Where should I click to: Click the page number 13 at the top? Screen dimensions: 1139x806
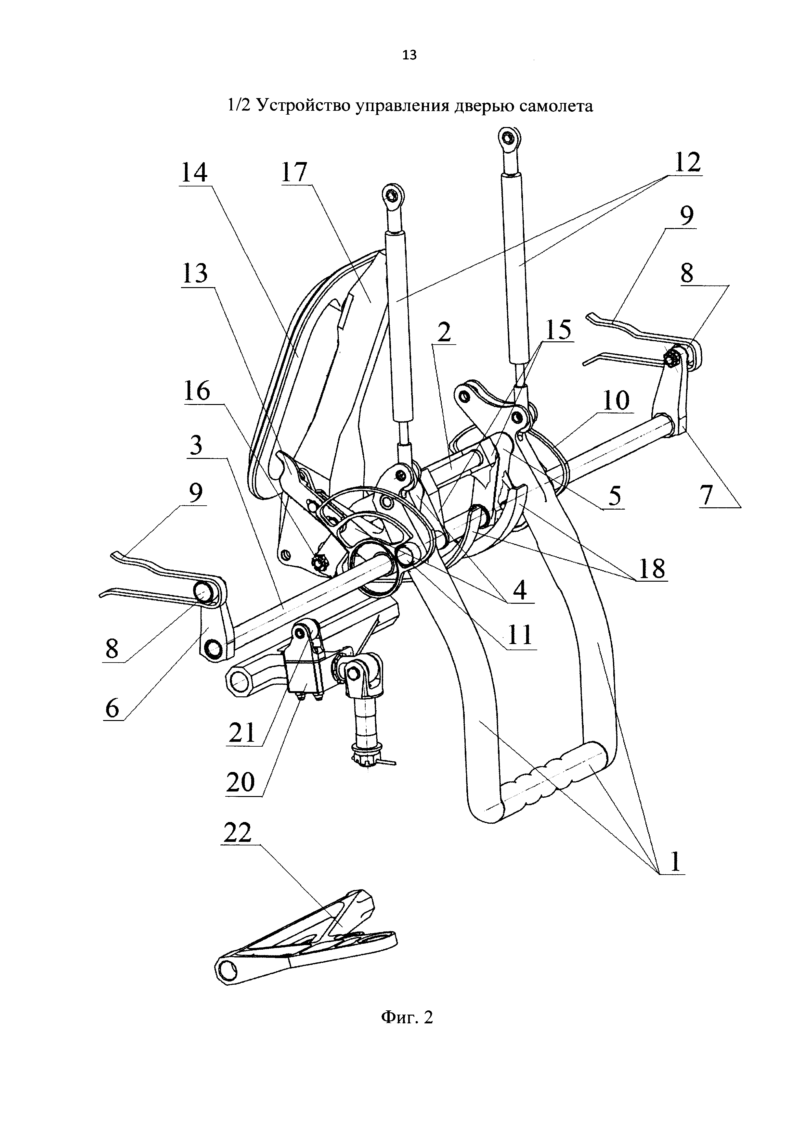pos(409,55)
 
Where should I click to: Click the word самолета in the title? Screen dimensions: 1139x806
pos(556,106)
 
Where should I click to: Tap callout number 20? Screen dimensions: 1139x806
pos(240,783)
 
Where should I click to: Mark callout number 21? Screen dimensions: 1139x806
pos(242,733)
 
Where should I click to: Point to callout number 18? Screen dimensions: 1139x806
pos(652,568)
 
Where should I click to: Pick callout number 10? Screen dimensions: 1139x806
pos(617,401)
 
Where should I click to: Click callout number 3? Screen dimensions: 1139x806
pos(197,445)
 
